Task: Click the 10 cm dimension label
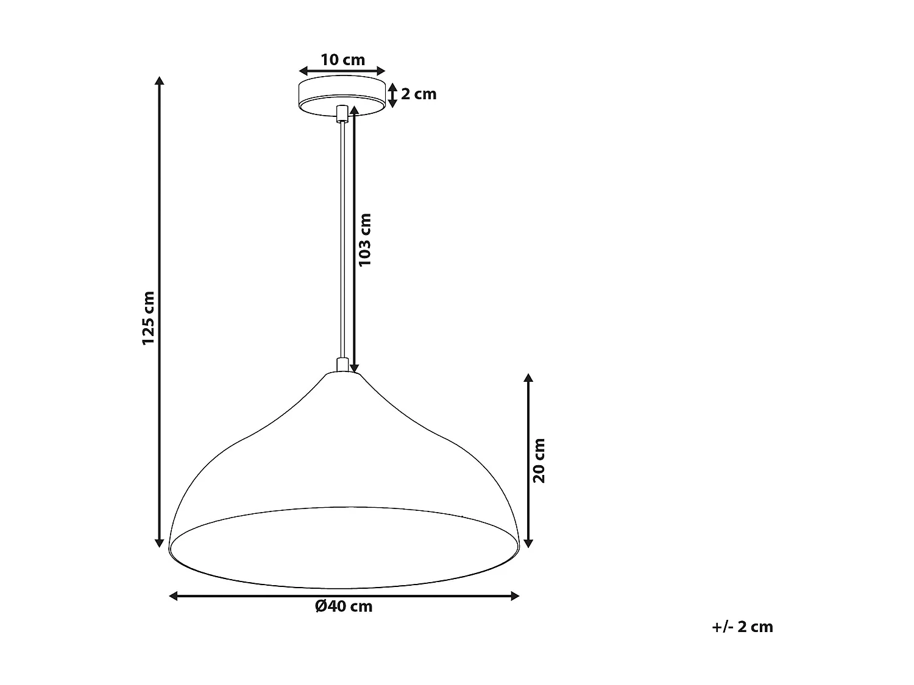coord(342,60)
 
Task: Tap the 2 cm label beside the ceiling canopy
coord(419,94)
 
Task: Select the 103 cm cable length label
coord(365,239)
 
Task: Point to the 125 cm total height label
coord(149,318)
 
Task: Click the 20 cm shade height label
coord(539,460)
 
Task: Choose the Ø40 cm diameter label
coord(344,606)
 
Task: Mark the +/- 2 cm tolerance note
coord(742,627)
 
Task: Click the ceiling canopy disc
coord(342,91)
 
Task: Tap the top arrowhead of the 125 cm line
coord(160,81)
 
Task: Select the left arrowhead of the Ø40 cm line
coord(174,596)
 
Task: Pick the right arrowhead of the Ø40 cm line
coord(515,596)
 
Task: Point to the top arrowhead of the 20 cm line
coord(528,378)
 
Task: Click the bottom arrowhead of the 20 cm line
coord(528,543)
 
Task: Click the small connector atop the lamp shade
coord(342,365)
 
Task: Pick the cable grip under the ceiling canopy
coord(342,114)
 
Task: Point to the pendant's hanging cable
coord(342,244)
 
